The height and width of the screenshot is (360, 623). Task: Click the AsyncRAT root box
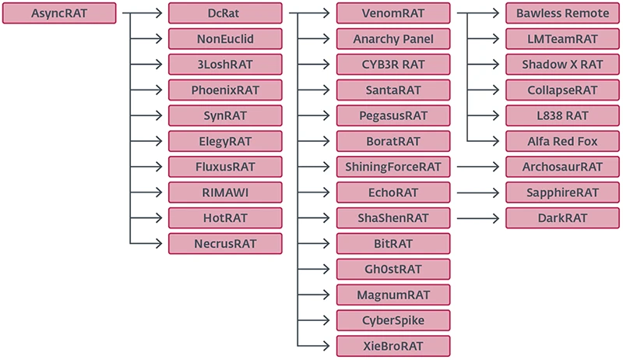click(x=59, y=13)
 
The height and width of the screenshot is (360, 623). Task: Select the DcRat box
click(x=225, y=13)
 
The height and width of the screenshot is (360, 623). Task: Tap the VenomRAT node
click(x=393, y=13)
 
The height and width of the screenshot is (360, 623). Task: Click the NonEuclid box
click(x=225, y=39)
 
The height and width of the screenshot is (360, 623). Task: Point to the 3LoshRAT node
click(x=225, y=65)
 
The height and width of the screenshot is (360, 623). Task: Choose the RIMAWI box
click(x=225, y=192)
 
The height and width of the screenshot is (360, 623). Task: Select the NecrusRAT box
click(x=225, y=244)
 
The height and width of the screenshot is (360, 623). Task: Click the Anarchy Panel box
click(x=393, y=39)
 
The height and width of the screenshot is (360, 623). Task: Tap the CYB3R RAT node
click(x=393, y=65)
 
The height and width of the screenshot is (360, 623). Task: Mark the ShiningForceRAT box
click(x=393, y=167)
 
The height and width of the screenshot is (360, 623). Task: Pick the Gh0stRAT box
click(x=393, y=270)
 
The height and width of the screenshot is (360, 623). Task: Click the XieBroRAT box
click(x=393, y=346)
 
